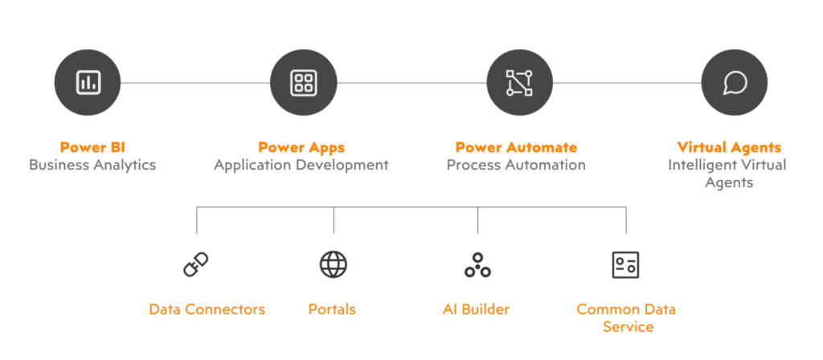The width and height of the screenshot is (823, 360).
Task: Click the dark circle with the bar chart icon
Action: tap(87, 82)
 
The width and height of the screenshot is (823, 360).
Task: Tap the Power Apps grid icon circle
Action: tap(303, 82)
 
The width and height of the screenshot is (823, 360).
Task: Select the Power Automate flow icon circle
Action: tap(519, 82)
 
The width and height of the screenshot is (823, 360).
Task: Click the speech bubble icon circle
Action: tap(734, 82)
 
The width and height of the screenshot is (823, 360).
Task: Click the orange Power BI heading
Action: tap(92, 147)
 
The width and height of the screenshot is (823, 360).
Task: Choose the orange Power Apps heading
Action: tap(301, 147)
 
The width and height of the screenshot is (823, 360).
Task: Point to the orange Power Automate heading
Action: tap(516, 147)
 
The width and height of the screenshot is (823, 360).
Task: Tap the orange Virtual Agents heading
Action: tap(729, 147)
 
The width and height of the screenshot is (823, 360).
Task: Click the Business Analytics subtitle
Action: tap(92, 165)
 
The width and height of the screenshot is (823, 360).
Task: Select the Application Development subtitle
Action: tap(301, 165)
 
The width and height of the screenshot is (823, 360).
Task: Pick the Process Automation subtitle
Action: tap(516, 165)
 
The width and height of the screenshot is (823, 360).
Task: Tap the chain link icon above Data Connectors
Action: tap(196, 264)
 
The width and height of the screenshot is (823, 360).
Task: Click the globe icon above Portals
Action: tap(334, 264)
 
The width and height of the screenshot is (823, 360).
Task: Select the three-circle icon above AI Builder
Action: tap(477, 265)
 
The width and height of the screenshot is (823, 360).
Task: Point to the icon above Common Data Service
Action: tap(626, 264)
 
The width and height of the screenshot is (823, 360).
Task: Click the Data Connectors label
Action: tap(207, 309)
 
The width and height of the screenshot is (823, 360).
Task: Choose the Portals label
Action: tap(332, 309)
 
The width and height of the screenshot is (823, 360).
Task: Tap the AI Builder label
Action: tap(476, 309)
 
